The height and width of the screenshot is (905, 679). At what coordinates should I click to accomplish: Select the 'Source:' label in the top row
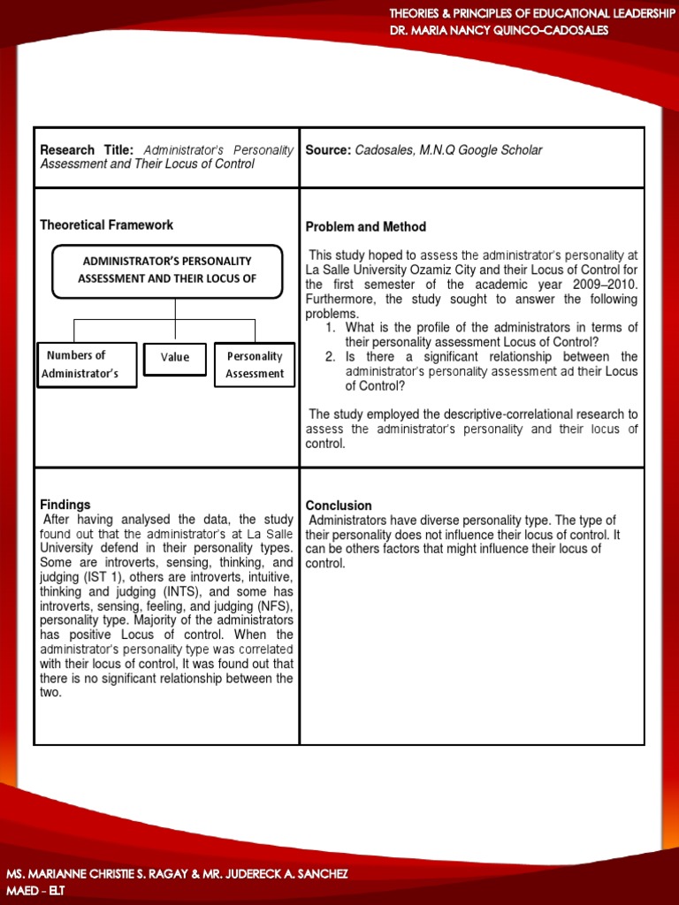(x=328, y=150)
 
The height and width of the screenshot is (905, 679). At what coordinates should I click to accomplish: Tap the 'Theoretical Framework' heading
(x=106, y=225)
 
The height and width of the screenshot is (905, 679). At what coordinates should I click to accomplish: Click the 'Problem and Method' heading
(x=365, y=227)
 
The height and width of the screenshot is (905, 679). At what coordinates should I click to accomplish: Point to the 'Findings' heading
(x=65, y=505)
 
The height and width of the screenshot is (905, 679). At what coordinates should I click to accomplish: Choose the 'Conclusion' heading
(x=339, y=506)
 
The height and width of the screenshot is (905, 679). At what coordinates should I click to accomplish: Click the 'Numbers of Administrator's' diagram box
(x=86, y=364)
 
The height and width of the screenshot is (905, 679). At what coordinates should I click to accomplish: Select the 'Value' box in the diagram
(x=175, y=358)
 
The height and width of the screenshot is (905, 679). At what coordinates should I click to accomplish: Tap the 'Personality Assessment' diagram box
(x=255, y=364)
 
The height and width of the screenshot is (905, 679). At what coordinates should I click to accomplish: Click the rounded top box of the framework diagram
(x=167, y=270)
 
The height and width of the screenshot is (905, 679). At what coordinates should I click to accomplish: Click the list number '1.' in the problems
(x=330, y=328)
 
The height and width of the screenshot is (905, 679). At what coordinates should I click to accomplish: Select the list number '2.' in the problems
(x=330, y=357)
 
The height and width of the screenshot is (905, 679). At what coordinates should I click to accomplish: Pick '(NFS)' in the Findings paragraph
(x=272, y=606)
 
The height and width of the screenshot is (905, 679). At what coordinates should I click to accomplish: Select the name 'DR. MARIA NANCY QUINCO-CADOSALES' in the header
(x=499, y=30)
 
